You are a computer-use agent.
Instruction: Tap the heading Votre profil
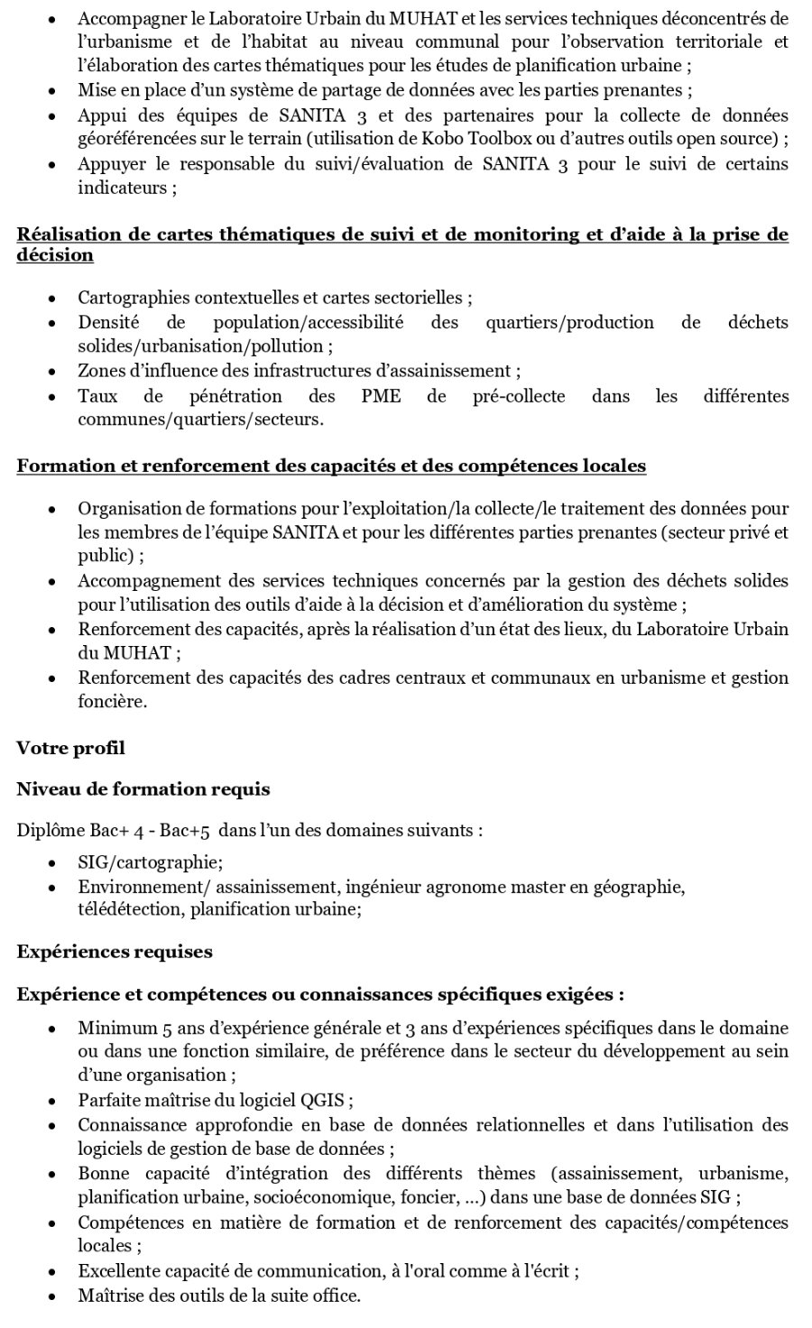pyautogui.click(x=70, y=748)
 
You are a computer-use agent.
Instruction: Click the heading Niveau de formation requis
pyautogui.click(x=143, y=789)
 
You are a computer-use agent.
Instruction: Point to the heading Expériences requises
pyautogui.click(x=115, y=952)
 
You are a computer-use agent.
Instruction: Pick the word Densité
pyautogui.click(x=107, y=322)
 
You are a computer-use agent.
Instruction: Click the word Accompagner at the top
pyautogui.click(x=129, y=18)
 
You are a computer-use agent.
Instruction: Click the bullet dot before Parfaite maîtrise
pyautogui.click(x=53, y=1102)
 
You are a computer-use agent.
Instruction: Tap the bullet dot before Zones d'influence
pyautogui.click(x=53, y=372)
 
